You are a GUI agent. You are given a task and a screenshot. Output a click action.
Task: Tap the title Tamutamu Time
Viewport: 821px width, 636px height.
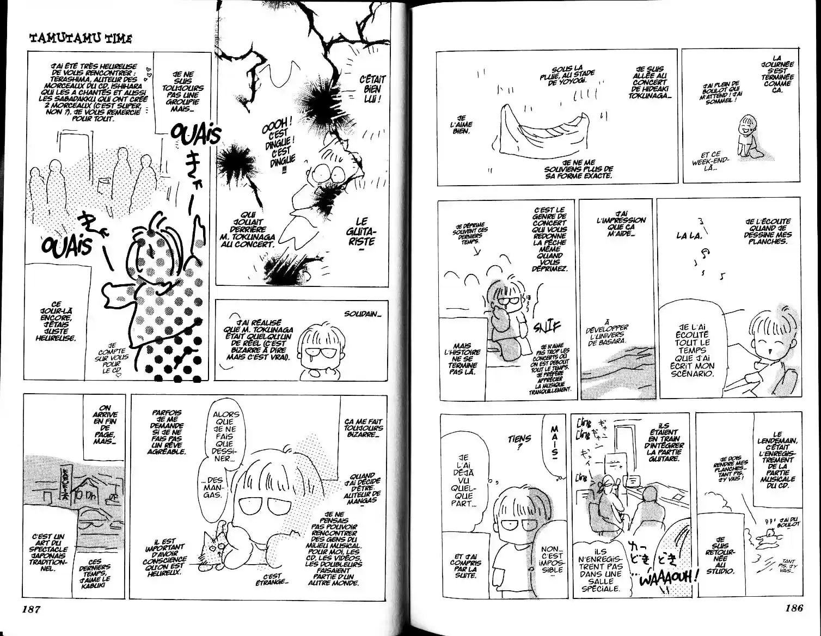(80, 38)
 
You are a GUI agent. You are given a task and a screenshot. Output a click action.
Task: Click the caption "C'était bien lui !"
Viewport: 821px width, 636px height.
(372, 89)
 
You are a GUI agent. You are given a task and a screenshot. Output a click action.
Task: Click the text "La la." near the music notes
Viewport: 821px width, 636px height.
(689, 236)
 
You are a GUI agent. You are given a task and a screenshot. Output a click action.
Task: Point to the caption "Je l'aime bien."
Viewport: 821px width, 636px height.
(462, 125)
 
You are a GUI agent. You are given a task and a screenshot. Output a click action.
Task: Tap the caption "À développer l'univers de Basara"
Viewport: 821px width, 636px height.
(606, 332)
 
